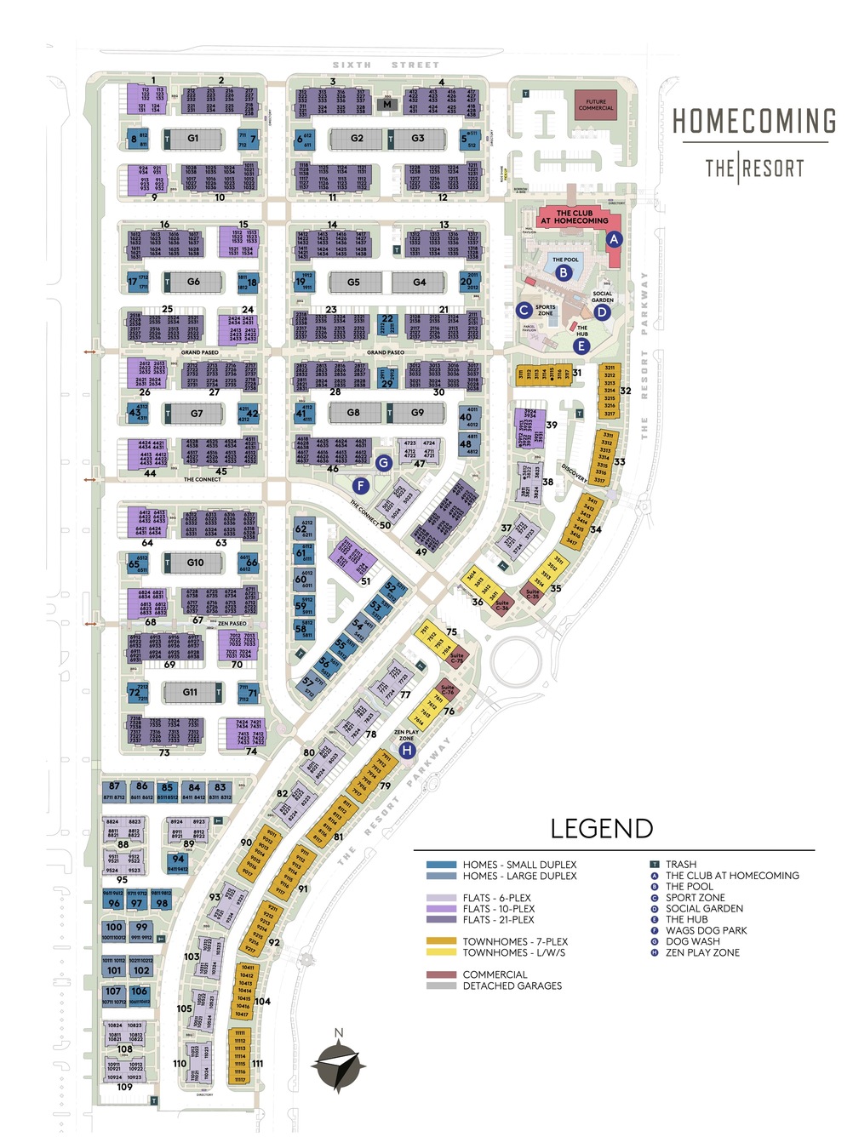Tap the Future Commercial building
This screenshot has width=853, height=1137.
click(596, 104)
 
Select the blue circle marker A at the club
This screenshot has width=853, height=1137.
click(614, 240)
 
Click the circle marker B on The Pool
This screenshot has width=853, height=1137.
click(564, 273)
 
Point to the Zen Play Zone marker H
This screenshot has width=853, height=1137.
click(407, 751)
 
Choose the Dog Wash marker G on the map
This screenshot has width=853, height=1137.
click(384, 463)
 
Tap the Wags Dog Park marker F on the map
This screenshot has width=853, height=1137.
click(360, 486)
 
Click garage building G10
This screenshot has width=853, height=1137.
click(195, 563)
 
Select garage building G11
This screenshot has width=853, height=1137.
click(190, 693)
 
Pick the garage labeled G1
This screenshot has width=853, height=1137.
click(193, 138)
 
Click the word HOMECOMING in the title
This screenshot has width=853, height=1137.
click(754, 122)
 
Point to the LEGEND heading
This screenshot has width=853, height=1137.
click(602, 829)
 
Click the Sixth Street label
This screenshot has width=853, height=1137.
click(386, 65)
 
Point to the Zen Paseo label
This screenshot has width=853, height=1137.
click(232, 624)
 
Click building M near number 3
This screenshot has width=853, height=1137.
click(387, 105)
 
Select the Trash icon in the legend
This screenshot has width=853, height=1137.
click(655, 865)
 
